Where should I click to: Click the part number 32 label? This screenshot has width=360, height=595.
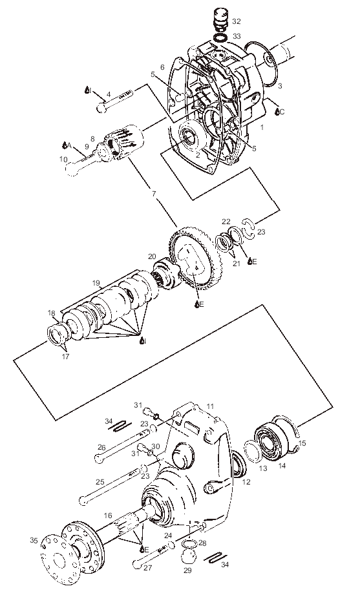click(237, 21)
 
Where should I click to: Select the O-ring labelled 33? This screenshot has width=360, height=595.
click(220, 38)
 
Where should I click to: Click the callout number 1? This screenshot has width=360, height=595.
click(262, 127)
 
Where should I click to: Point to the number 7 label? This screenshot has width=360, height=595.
click(154, 194)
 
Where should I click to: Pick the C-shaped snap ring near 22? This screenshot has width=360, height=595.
click(249, 229)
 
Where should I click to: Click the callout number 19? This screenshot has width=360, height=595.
click(96, 283)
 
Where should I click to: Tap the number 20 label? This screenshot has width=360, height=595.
click(153, 256)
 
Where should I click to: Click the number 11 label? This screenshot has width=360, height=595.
click(210, 407)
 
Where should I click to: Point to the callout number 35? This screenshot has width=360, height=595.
click(34, 540)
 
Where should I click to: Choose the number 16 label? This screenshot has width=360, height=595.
click(108, 516)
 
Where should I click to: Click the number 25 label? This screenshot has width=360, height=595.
click(100, 482)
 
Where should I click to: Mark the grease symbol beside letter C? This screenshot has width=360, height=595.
click(277, 112)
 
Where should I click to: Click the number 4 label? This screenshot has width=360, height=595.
click(108, 94)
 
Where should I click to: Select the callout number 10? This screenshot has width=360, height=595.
click(63, 159)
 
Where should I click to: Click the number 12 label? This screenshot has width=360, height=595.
click(246, 482)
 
